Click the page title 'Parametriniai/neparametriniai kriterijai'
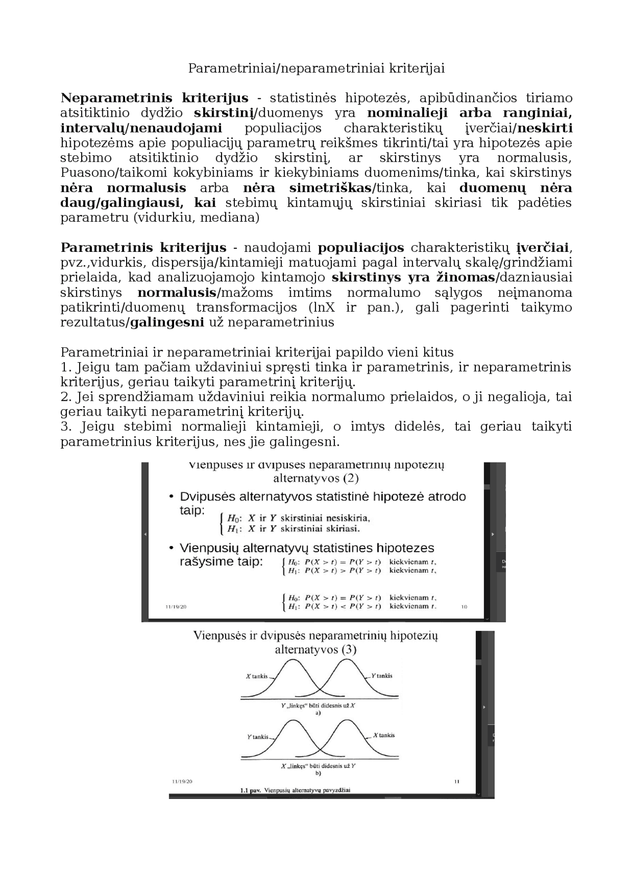coord(316,68)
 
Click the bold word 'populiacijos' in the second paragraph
coord(361,247)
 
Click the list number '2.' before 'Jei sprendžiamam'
coord(66,397)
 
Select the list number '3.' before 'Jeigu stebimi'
coord(66,426)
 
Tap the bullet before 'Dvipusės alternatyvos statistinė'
coord(171,497)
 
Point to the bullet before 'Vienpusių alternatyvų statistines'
coord(171,548)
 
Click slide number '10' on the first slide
coord(464,607)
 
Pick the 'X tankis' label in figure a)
coord(257,676)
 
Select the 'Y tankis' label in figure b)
coord(258,737)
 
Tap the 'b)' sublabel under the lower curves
coord(318,773)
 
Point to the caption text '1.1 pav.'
coord(250,791)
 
